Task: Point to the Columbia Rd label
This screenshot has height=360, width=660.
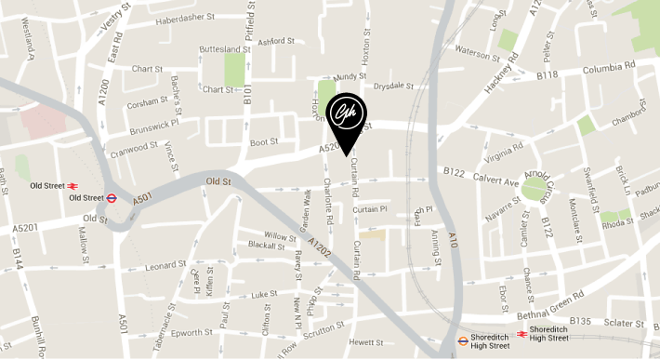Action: click(608, 68)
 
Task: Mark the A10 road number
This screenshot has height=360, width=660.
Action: click(452, 242)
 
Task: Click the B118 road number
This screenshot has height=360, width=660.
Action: click(547, 74)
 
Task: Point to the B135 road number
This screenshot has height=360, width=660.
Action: click(580, 321)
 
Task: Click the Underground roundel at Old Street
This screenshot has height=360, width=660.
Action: click(112, 197)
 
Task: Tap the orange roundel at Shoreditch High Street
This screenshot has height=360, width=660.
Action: click(463, 340)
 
